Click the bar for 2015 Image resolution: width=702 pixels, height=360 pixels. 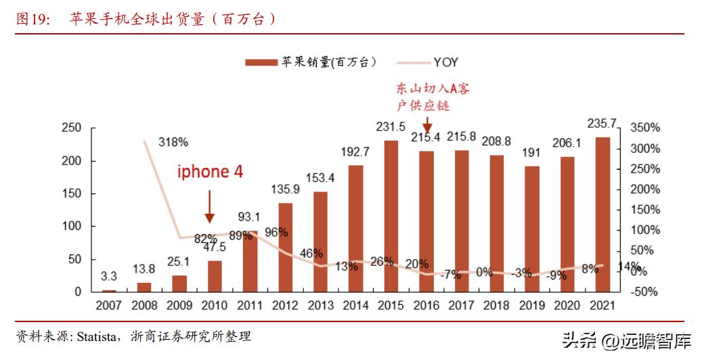pos(391,216)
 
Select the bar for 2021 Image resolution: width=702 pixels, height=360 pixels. pos(602,215)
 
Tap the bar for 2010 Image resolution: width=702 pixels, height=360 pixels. pos(215,276)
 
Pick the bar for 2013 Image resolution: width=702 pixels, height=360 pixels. pos(320,242)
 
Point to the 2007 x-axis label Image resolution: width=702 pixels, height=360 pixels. pos(109,305)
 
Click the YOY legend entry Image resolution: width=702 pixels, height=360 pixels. pos(445,62)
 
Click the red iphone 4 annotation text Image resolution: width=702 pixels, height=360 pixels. pos(210,172)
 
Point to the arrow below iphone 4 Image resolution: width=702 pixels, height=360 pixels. pos(210,206)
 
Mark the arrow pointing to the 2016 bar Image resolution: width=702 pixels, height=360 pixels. pos(427,125)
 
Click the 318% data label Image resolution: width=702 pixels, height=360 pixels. pos(173,142)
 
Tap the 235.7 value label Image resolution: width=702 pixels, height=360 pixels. pos(602,123)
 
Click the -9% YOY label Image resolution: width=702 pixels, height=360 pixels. pos(557,275)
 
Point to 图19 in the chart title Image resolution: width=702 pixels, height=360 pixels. pos(32,20)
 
